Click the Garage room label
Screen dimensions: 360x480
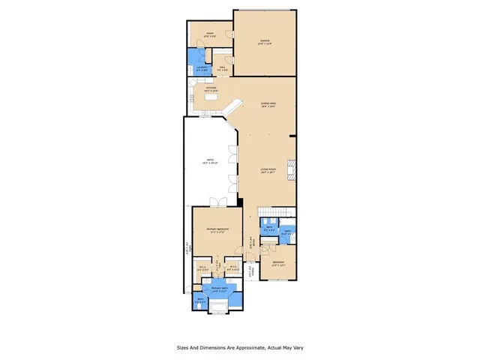[265, 42]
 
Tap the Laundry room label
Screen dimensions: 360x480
[201, 68]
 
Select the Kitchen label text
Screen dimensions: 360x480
[211, 89]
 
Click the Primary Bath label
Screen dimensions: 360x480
[219, 289]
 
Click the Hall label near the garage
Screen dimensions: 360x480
[223, 68]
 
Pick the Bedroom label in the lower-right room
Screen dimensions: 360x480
[278, 263]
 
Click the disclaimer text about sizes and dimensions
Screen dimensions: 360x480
[240, 347]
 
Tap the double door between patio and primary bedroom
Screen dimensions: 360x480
[216, 202]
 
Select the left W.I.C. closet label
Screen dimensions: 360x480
[202, 268]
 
